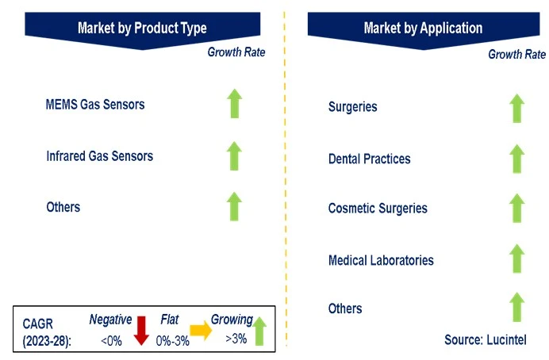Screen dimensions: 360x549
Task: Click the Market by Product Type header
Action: (142, 28)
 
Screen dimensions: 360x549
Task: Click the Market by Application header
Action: (423, 28)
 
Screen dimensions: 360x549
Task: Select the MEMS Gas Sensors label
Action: (95, 105)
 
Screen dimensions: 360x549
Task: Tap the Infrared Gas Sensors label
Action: (99, 155)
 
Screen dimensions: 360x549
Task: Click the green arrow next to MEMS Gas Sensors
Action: (234, 105)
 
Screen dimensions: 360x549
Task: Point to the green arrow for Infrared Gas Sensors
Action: (234, 155)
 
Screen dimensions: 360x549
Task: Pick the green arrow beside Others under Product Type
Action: (234, 206)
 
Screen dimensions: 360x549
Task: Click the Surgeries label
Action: (352, 107)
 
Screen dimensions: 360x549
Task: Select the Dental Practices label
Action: (369, 159)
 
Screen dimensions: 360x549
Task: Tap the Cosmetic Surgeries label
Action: (378, 209)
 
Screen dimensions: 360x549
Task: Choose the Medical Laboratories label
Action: (381, 260)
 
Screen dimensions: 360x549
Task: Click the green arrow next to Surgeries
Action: (516, 108)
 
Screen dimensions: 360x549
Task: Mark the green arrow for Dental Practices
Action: (516, 159)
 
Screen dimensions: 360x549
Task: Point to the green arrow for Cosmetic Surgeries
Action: (516, 209)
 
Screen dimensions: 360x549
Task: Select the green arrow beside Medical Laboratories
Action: (516, 259)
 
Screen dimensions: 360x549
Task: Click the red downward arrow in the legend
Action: (142, 330)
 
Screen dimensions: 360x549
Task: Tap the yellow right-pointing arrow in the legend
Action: (200, 331)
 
